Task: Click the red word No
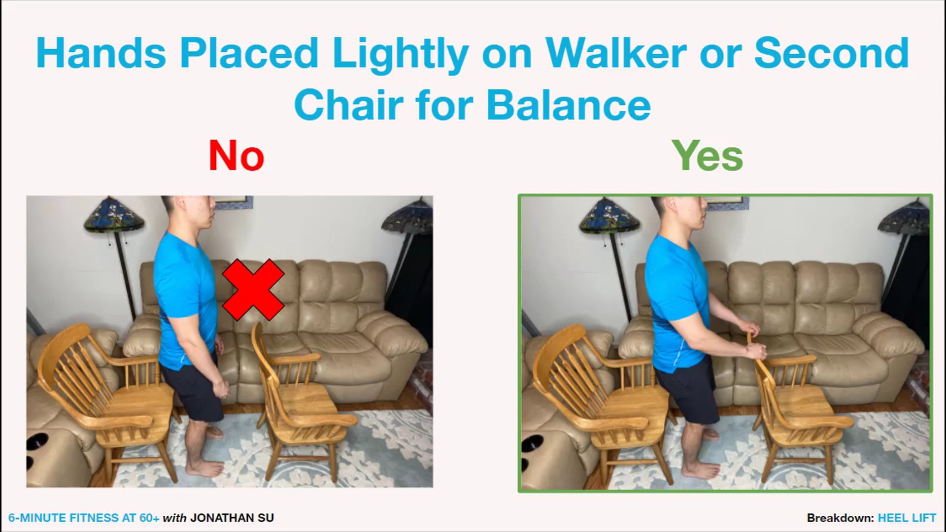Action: (236, 156)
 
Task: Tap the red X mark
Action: (253, 290)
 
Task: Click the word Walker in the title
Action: (615, 53)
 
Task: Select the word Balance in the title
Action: (569, 105)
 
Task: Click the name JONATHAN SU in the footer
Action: (232, 518)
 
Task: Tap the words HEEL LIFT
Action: (907, 518)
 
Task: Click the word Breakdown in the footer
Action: (840, 518)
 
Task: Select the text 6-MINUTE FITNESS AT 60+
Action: (84, 518)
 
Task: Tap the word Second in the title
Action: (832, 53)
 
